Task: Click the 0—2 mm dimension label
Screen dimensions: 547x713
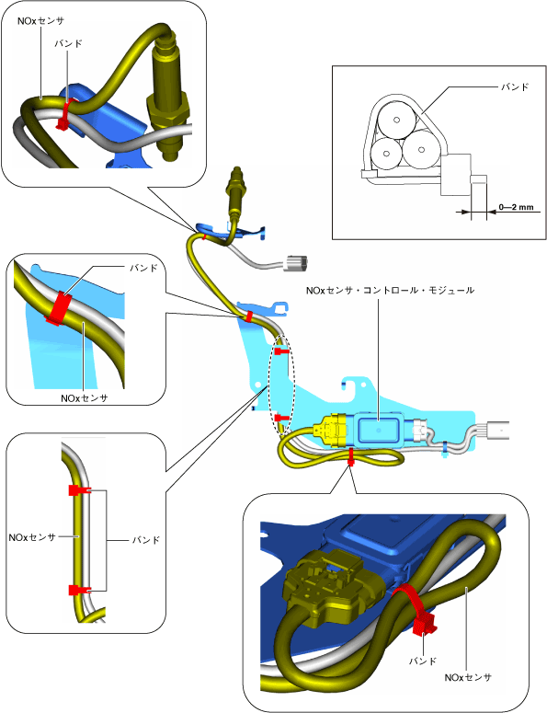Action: [x=516, y=207]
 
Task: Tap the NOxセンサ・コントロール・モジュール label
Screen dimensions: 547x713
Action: [x=391, y=290]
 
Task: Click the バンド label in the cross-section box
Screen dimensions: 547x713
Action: [x=515, y=86]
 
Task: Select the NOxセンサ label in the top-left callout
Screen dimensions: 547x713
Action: [x=40, y=21]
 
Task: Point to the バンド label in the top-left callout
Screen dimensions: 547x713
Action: [x=69, y=43]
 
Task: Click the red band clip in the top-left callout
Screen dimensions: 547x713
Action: [x=64, y=114]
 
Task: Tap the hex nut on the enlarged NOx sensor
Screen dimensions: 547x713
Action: [x=167, y=109]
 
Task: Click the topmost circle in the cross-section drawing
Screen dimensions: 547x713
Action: [x=396, y=119]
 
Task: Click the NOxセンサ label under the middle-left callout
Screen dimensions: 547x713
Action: [x=85, y=398]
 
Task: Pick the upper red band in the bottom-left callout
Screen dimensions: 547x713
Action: [x=79, y=490]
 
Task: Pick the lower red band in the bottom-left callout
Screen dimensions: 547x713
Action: [x=79, y=591]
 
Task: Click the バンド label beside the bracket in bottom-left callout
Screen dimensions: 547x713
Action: [x=146, y=540]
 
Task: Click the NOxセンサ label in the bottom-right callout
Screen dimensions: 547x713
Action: [x=468, y=677]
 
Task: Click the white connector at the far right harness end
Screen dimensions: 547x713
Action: [x=498, y=430]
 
